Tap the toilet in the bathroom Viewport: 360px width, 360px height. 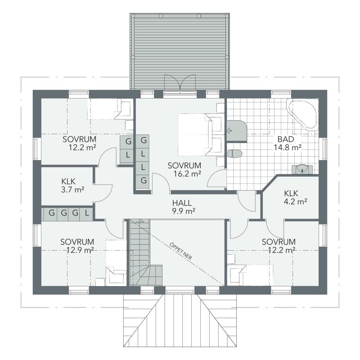coord(234,153)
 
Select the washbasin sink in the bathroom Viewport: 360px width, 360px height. coord(302,170)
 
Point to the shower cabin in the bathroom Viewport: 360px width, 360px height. coord(237,131)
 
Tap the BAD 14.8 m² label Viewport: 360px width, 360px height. coord(287,143)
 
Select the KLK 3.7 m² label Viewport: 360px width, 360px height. coord(72,185)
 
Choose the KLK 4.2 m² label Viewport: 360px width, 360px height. coord(295,197)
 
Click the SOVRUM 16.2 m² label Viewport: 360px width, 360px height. coord(184,170)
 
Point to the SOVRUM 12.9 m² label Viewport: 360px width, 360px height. coord(77,245)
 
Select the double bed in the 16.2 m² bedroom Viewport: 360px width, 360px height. coord(200,135)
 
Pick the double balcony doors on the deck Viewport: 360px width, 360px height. coord(180,83)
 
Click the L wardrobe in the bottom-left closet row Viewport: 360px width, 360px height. coord(87,213)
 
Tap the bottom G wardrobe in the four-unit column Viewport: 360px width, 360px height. coord(144,180)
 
